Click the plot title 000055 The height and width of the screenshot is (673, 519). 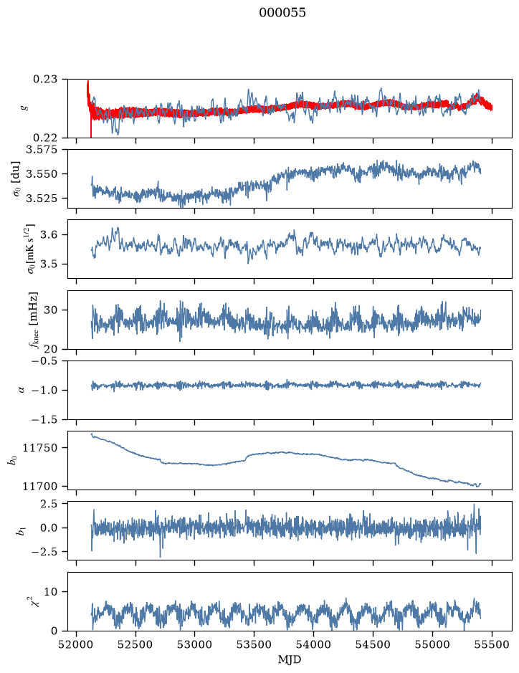[x=282, y=13]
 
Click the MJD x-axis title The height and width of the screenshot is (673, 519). [x=290, y=659]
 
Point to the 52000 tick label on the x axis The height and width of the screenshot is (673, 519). [x=77, y=644]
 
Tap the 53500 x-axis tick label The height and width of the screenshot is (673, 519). [x=254, y=644]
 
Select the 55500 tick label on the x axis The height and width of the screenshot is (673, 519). [x=492, y=644]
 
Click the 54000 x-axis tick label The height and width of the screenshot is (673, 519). [x=314, y=644]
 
